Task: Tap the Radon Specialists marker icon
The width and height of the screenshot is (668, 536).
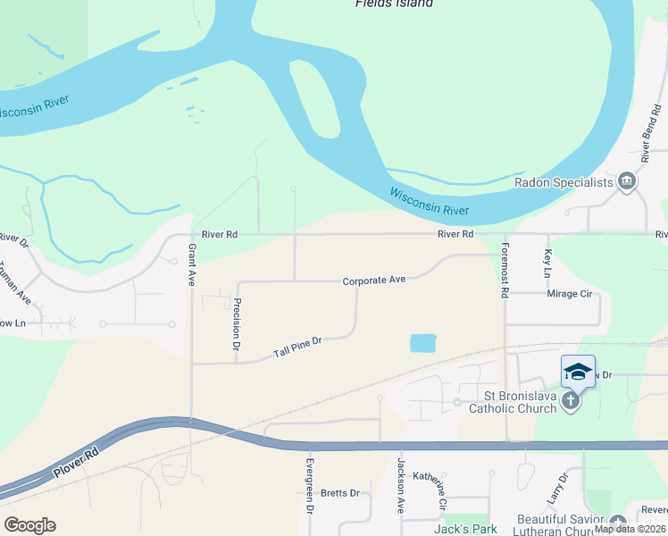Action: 627,182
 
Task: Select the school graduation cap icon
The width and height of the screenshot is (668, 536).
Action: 578,372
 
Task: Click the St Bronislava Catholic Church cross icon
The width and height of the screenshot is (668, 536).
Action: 571,403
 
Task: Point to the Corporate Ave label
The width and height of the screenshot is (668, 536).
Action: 374,280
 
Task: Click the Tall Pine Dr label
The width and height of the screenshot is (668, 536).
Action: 296,347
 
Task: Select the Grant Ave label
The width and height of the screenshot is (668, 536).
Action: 191,265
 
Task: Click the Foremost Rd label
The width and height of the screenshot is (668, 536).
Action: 505,269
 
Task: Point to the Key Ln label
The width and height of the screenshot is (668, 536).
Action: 547,262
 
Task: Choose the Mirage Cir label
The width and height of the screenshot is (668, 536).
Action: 569,293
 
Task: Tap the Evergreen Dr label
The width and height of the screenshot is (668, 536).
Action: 310,485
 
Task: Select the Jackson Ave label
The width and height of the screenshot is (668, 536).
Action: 401,485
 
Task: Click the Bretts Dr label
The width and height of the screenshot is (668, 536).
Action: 339,493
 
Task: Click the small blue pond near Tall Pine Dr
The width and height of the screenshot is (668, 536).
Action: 422,342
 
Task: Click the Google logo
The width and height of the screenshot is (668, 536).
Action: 29,525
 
